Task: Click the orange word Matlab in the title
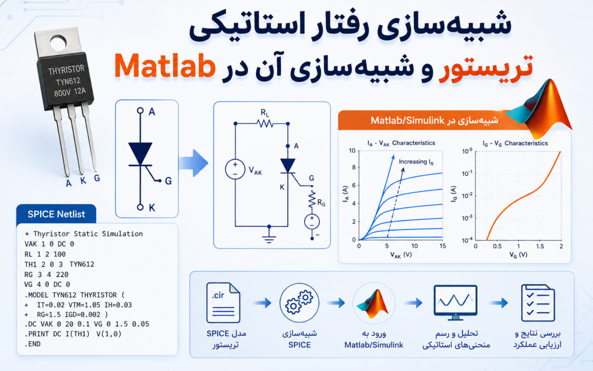tap(165, 66)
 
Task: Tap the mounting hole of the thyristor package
tap(58, 43)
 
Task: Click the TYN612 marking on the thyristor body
tap(68, 81)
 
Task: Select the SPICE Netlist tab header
tap(56, 214)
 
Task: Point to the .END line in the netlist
tap(32, 344)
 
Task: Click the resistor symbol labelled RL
tap(265, 124)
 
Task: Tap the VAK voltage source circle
tap(235, 169)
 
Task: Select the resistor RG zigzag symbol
tap(312, 199)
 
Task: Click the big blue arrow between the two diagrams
tap(193, 163)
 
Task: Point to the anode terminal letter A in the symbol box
tap(152, 112)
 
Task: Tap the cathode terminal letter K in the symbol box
tap(152, 207)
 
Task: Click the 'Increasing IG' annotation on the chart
tap(416, 162)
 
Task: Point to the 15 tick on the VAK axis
tap(443, 246)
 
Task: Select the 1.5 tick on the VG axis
tap(540, 246)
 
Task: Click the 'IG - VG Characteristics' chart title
tap(515, 143)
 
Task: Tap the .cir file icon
tap(223, 302)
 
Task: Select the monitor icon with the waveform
tap(455, 302)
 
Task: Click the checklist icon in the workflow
tap(538, 303)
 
